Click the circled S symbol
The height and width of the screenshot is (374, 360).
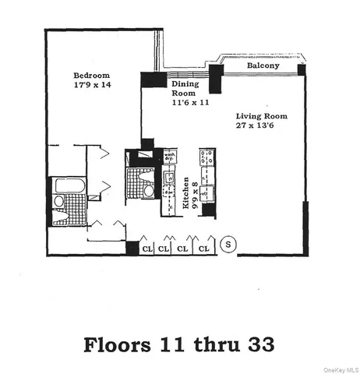229,245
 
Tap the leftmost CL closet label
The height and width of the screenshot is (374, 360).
146,249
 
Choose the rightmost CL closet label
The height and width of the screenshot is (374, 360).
204,249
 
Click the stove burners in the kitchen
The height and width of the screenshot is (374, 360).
207,155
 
